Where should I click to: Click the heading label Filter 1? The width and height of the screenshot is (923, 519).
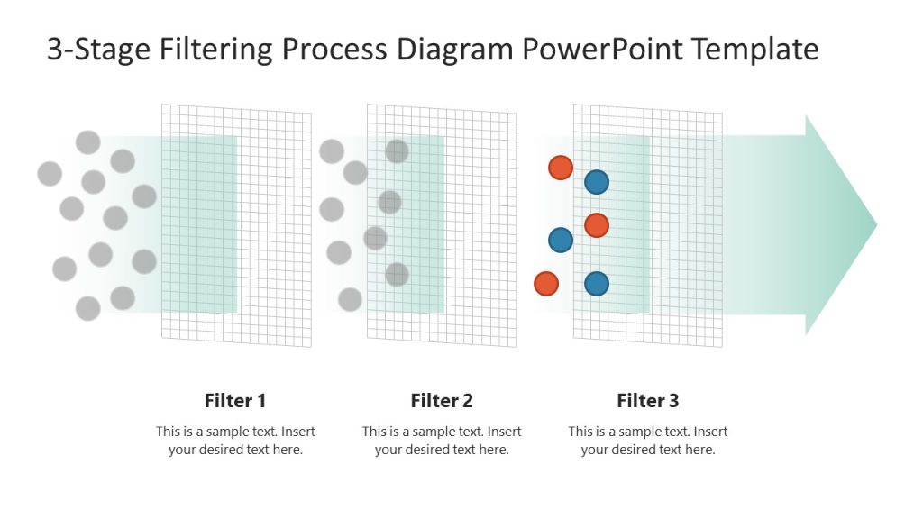[x=235, y=401]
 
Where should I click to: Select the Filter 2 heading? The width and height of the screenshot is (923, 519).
[x=442, y=401]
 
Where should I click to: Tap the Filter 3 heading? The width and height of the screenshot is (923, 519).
[x=648, y=401]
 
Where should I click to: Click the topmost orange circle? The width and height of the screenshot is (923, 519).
[x=561, y=168]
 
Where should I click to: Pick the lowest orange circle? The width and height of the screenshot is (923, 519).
[x=546, y=284]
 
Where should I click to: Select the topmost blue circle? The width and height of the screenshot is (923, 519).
[x=597, y=182]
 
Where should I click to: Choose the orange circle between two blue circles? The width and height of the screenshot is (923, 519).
[x=597, y=225]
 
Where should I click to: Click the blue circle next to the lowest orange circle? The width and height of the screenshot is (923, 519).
[x=597, y=284]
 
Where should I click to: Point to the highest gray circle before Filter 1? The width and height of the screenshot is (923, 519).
[x=87, y=142]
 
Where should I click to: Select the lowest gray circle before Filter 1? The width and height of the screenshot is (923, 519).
[x=87, y=309]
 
